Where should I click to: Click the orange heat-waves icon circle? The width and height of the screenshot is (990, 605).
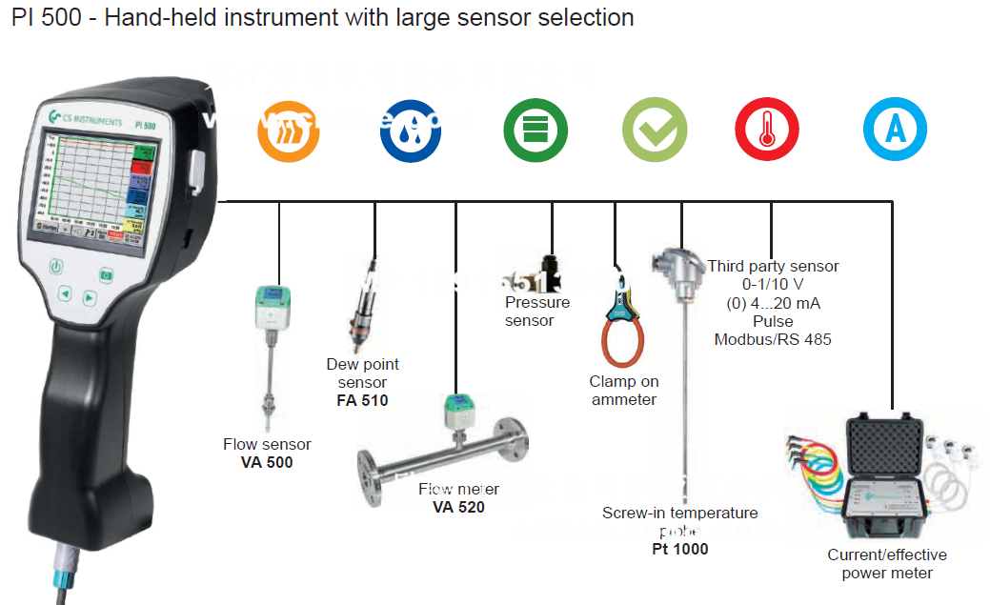pos(289,130)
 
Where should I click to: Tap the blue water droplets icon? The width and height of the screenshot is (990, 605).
pos(411,130)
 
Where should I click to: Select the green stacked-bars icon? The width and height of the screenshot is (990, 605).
pos(535,130)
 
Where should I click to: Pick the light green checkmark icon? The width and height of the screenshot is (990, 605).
pos(655,130)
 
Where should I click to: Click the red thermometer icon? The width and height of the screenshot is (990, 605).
pos(766,130)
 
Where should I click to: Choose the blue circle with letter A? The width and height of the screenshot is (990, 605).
pos(895,130)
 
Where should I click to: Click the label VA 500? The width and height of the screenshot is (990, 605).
pos(267,463)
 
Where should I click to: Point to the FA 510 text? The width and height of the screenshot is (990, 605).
pos(362,401)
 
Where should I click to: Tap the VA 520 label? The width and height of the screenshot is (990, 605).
pos(458,507)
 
